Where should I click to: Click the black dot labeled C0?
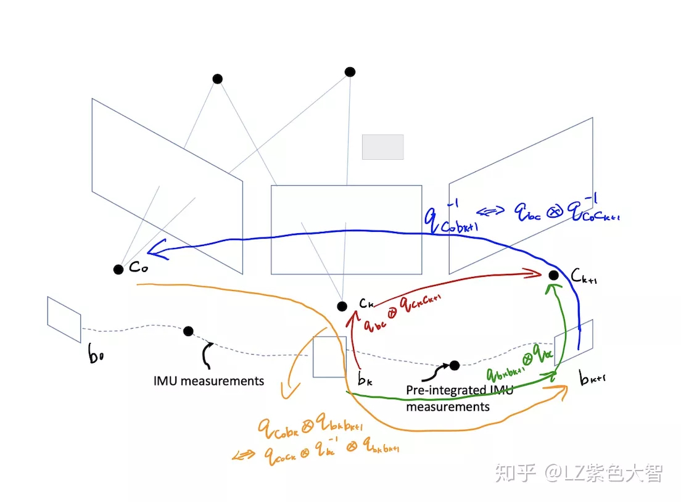tap(118, 270)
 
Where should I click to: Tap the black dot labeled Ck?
tap(342, 307)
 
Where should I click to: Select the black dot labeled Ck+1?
tap(554, 274)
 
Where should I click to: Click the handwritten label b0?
tap(96, 356)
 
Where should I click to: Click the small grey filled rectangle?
tap(382, 147)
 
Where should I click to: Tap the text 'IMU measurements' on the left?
tap(208, 381)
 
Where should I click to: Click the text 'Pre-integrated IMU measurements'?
tap(460, 398)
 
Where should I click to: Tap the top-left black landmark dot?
tap(217, 79)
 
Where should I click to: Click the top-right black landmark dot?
tap(350, 72)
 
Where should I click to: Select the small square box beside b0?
tap(64, 319)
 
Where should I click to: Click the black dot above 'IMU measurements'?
tap(188, 332)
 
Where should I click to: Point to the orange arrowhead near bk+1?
tap(563, 389)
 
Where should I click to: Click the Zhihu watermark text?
tap(579, 474)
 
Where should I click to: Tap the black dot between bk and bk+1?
tap(455, 366)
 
